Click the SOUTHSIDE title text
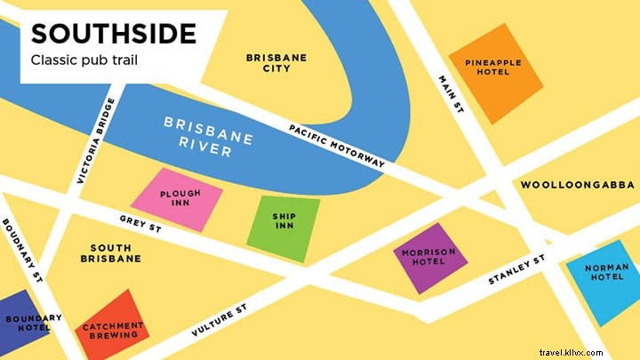[x=114, y=34]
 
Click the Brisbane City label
[x=276, y=63]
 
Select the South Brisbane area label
[x=116, y=252]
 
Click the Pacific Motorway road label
[x=337, y=146]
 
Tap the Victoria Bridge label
[x=96, y=140]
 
